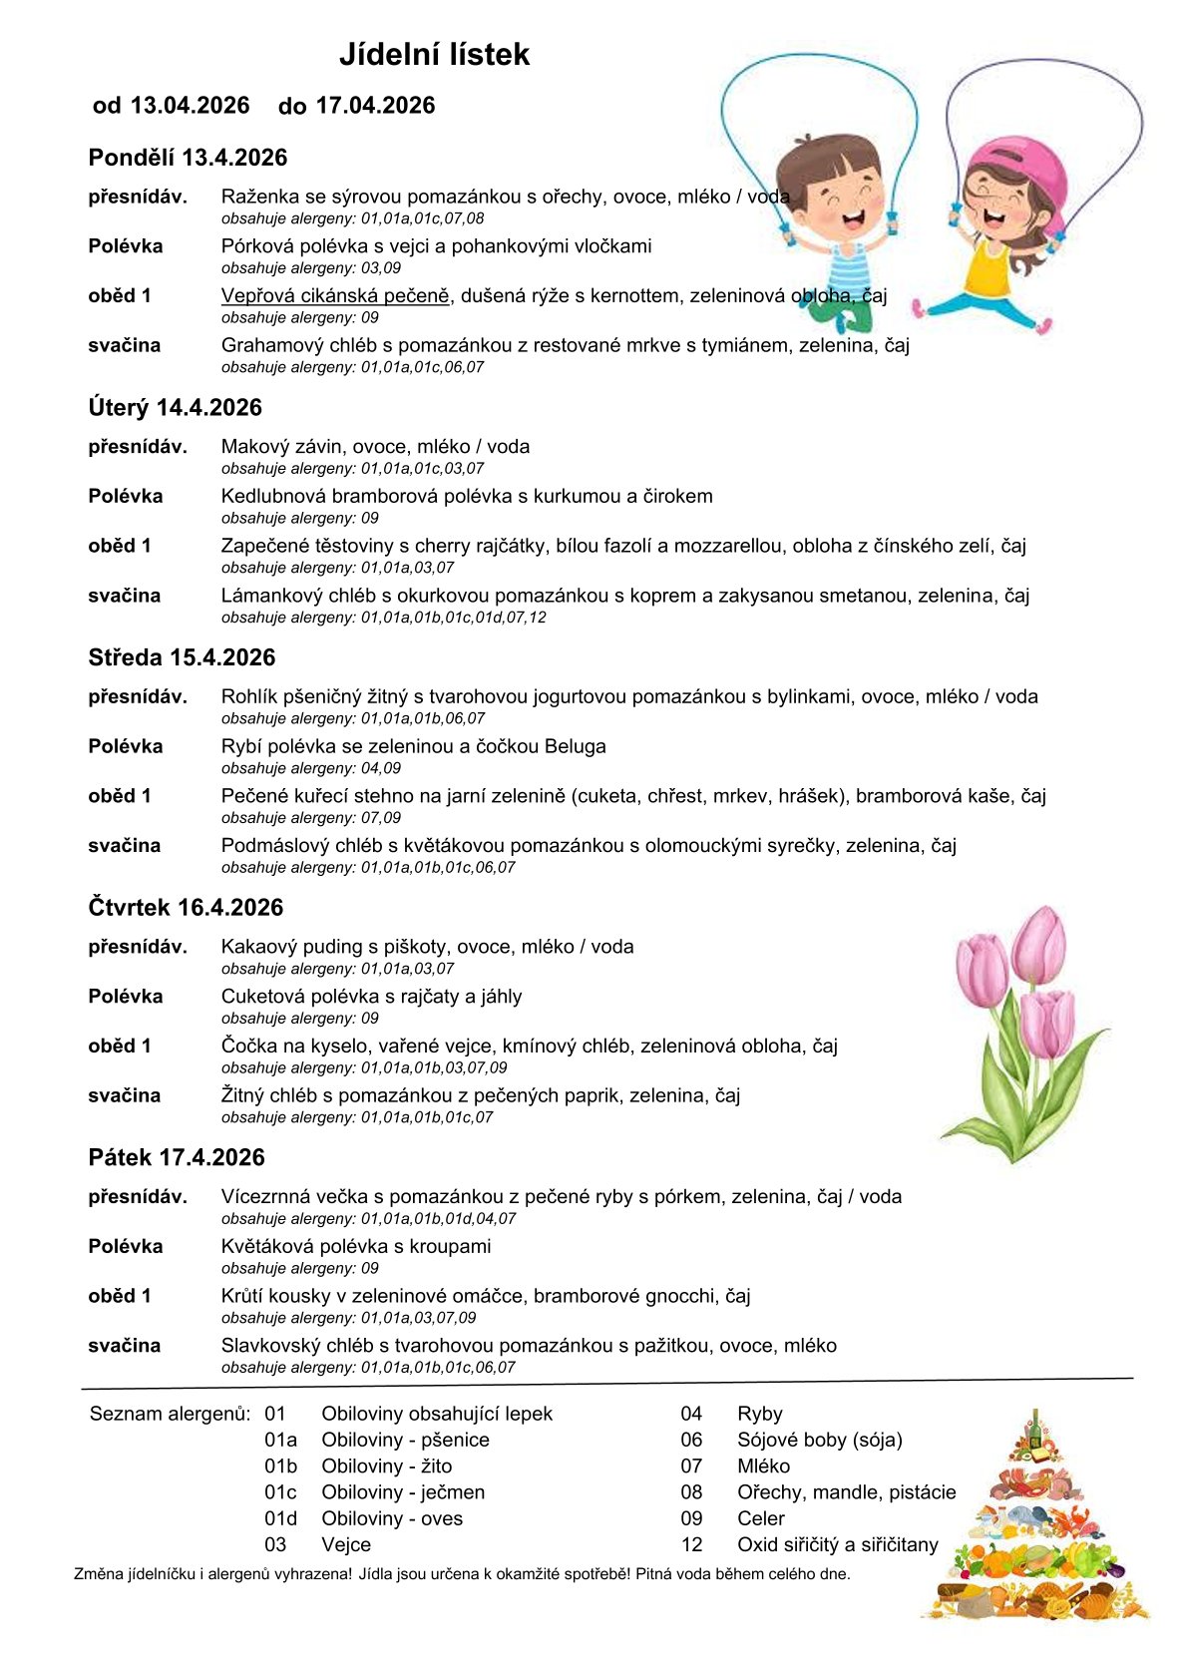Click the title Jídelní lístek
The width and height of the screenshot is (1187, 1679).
pyautogui.click(x=434, y=54)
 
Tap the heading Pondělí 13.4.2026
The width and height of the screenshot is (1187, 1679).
pyautogui.click(x=188, y=158)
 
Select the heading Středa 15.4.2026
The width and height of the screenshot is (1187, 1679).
pyautogui.click(x=182, y=657)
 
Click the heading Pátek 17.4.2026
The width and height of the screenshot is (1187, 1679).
pyautogui.click(x=177, y=1157)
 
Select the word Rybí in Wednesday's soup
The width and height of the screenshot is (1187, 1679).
pyautogui.click(x=239, y=747)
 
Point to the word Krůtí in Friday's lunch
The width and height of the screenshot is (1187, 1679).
pyautogui.click(x=242, y=1297)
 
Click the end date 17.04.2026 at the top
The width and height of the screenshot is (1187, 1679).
pyautogui.click(x=375, y=106)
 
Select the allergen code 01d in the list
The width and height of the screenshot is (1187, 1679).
pyautogui.click(x=280, y=1518)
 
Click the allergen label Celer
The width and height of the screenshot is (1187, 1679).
pyautogui.click(x=760, y=1518)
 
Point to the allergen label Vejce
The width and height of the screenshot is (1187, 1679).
pyautogui.click(x=346, y=1544)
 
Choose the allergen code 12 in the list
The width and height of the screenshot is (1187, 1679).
pyautogui.click(x=691, y=1544)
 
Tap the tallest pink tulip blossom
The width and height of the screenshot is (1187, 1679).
pyautogui.click(x=1039, y=945)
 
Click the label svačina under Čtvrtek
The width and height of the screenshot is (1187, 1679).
pyautogui.click(x=125, y=1095)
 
